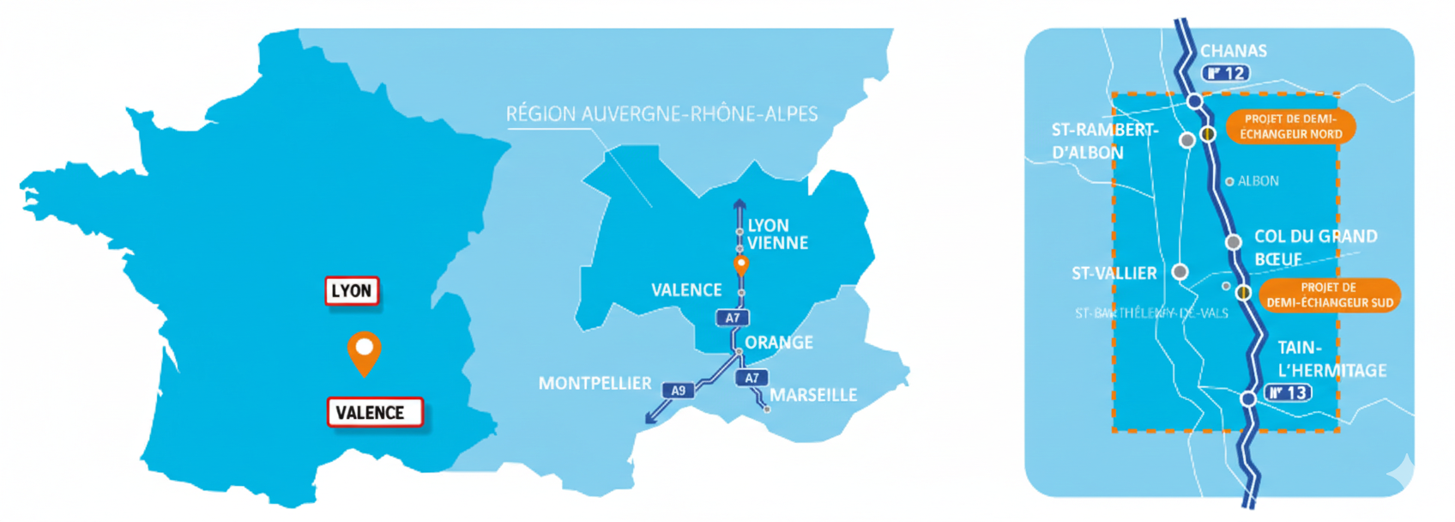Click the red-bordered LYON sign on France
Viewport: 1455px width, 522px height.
(352, 291)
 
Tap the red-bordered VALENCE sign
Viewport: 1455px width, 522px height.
(375, 412)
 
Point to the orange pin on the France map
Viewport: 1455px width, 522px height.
(365, 352)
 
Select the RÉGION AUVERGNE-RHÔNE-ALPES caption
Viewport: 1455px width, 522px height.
(661, 114)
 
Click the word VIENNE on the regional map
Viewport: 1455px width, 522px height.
(777, 243)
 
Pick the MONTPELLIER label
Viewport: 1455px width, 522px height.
(595, 384)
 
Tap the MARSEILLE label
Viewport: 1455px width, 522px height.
(813, 395)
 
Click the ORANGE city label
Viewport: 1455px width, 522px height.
(778, 343)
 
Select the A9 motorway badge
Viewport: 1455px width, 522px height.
(678, 391)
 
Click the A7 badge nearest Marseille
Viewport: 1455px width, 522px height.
(752, 378)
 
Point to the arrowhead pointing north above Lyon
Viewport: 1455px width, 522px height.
(740, 205)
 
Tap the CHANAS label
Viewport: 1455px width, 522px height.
(1233, 52)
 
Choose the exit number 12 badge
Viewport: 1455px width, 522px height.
(1225, 73)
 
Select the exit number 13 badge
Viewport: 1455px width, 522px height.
(1289, 392)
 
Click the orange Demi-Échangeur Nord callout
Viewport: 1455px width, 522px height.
(1290, 127)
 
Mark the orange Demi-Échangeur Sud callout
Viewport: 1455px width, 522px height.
(1329, 295)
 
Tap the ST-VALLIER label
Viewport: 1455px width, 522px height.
(1114, 274)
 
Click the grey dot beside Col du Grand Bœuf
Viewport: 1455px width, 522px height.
(1233, 242)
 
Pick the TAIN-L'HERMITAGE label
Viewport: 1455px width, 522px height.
(1331, 359)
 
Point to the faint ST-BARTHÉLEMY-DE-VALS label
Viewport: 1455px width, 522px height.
(1151, 313)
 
